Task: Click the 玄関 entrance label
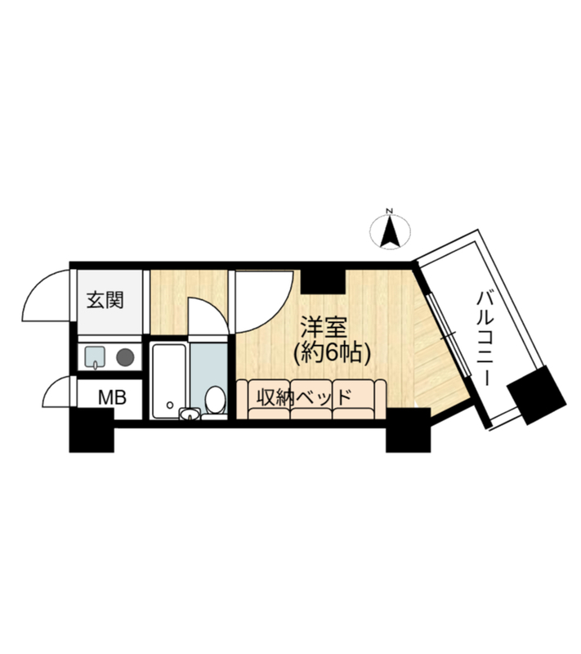tap(105, 300)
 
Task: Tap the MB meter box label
tap(112, 397)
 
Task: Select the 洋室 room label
tap(324, 329)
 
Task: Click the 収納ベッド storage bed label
tap(304, 397)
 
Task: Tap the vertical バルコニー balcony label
tap(485, 338)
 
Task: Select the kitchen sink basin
tap(95, 357)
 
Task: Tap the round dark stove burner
tap(125, 357)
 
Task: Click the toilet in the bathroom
tap(215, 401)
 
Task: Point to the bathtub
tap(169, 380)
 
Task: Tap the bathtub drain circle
tap(170, 405)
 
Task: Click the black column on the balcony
tap(537, 396)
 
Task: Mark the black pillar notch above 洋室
tap(324, 281)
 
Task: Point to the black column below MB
tap(92, 430)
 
